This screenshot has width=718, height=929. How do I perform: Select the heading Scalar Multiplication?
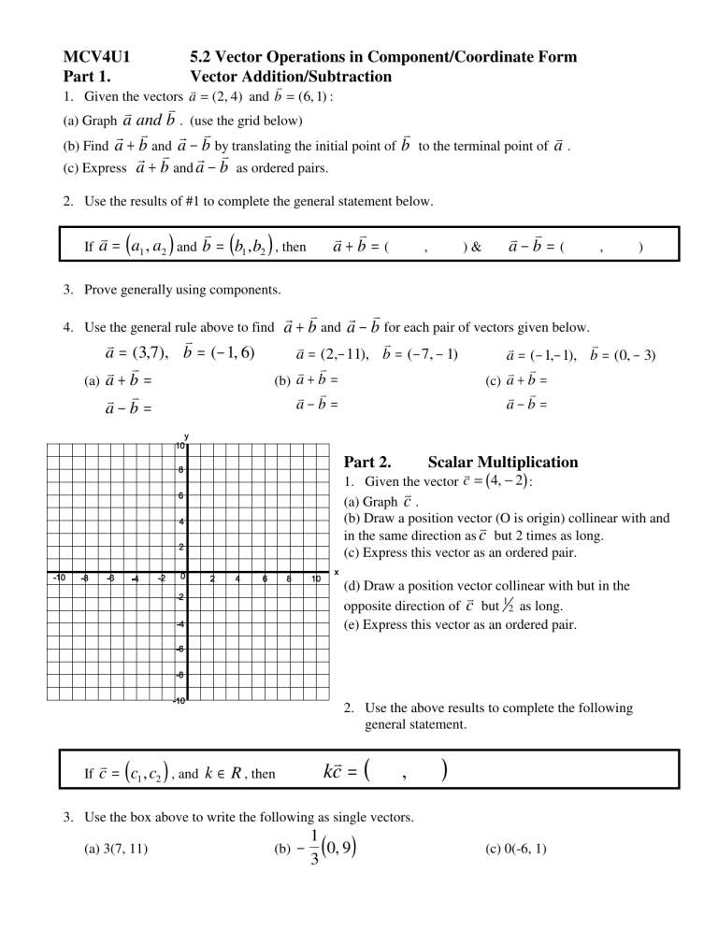[x=502, y=462]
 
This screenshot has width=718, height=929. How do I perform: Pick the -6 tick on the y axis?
[x=179, y=648]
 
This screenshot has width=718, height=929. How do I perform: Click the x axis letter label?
[x=335, y=573]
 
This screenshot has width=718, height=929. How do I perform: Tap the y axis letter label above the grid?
[x=187, y=436]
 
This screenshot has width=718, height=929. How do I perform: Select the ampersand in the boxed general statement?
[x=475, y=248]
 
